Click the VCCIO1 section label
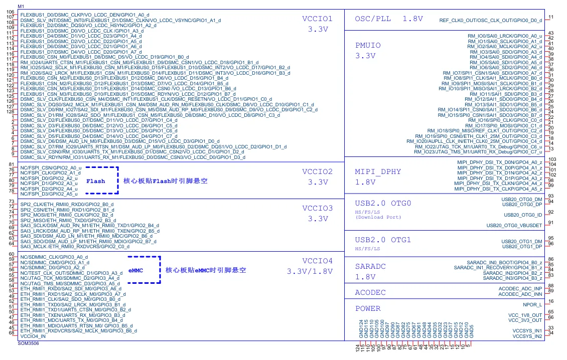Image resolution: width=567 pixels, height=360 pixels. pyautogui.click(x=317, y=19)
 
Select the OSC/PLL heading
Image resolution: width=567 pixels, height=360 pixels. pyautogui.click(x=373, y=19)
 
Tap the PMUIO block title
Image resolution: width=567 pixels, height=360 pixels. pyautogui.click(x=368, y=45)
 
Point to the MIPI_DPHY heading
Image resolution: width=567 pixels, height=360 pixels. pyautogui.click(x=378, y=171)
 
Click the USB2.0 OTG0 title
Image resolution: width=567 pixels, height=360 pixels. pyautogui.click(x=383, y=203)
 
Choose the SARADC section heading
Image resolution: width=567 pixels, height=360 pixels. pyautogui.click(x=370, y=266)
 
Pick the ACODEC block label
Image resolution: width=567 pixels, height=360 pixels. pyautogui.click(x=370, y=292)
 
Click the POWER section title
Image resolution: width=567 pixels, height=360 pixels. pyautogui.click(x=368, y=308)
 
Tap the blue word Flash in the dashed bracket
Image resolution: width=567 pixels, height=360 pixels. pyautogui.click(x=96, y=181)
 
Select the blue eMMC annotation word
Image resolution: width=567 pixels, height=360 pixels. pyautogui.click(x=136, y=270)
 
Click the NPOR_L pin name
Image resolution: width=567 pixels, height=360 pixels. pyautogui.click(x=532, y=304)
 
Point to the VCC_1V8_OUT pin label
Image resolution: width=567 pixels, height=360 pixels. pyautogui.click(x=525, y=315)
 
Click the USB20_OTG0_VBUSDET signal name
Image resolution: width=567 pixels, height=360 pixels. pyautogui.click(x=518, y=226)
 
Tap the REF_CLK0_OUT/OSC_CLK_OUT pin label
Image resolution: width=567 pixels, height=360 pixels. pyautogui.click(x=490, y=21)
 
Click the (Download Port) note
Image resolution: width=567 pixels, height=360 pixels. pyautogui.click(x=378, y=217)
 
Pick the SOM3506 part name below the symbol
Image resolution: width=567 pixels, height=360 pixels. pyautogui.click(x=29, y=343)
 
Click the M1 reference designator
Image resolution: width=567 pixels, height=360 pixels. pyautogui.click(x=21, y=6)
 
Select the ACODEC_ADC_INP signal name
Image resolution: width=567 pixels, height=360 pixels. pyautogui.click(x=520, y=289)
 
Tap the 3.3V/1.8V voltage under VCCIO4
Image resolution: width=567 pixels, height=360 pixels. pyautogui.click(x=310, y=271)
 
